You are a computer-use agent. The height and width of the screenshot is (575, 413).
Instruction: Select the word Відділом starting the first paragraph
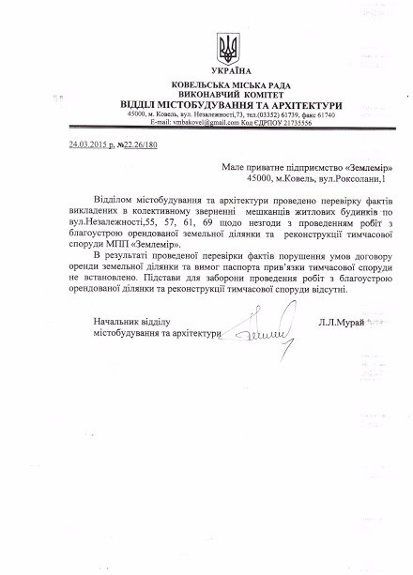point(105,201)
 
